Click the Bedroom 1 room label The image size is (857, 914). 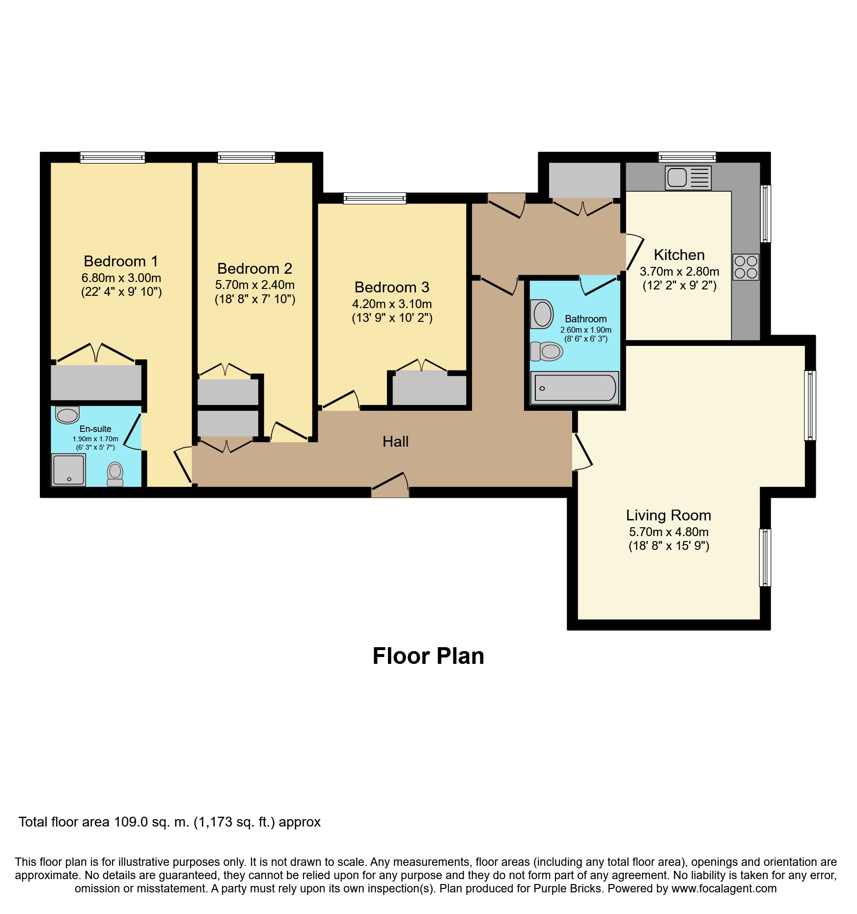tap(121, 261)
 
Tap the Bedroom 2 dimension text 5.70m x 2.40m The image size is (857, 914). tap(255, 285)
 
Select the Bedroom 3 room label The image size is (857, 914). tap(392, 287)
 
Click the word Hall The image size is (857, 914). tap(395, 441)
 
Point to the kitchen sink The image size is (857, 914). tap(688, 177)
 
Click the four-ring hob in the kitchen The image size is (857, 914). tap(746, 267)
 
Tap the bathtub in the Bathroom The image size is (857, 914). tap(575, 388)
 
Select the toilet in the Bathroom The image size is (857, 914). tap(547, 351)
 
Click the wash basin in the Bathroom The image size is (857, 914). tap(542, 314)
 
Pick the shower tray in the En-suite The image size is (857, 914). tap(68, 470)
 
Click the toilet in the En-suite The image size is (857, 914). tap(115, 474)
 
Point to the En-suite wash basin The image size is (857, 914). tap(67, 415)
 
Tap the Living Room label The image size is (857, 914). tap(668, 515)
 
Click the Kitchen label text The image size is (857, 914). tap(679, 255)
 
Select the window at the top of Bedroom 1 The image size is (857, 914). tap(112, 157)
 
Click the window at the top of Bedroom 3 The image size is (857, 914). tap(375, 198)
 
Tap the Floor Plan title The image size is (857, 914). tap(428, 656)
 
